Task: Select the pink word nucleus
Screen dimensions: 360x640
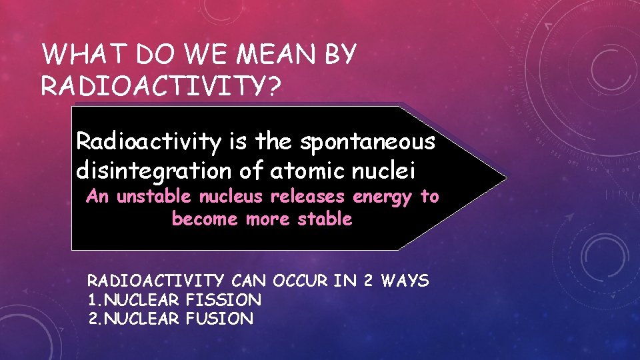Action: click(222, 197)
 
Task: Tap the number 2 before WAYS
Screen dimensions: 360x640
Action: click(368, 281)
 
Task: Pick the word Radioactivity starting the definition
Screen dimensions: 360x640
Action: click(141, 141)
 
